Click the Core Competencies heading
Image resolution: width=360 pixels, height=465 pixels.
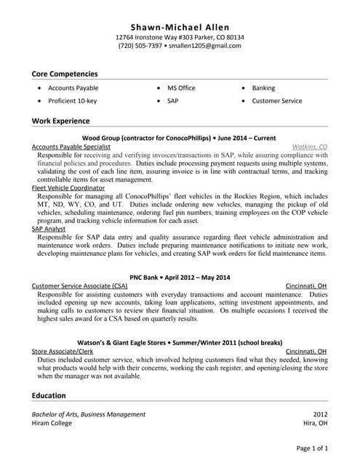tap(65, 73)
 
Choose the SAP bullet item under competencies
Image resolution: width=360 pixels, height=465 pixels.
tap(172, 101)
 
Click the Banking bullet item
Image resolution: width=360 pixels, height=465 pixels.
tap(263, 88)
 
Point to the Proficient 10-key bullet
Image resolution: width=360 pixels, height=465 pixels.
tap(72, 101)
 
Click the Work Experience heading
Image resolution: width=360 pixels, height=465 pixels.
tap(61, 120)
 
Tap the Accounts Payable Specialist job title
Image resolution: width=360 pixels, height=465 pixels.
tap(71, 146)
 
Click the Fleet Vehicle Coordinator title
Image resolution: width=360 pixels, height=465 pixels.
tap(68, 187)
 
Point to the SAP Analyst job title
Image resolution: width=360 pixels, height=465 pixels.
tap(49, 229)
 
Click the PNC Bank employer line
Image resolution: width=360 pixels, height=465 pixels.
tap(179, 277)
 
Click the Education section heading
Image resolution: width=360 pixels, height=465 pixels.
tap(49, 395)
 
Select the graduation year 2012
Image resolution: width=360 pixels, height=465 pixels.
tap(320, 414)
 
